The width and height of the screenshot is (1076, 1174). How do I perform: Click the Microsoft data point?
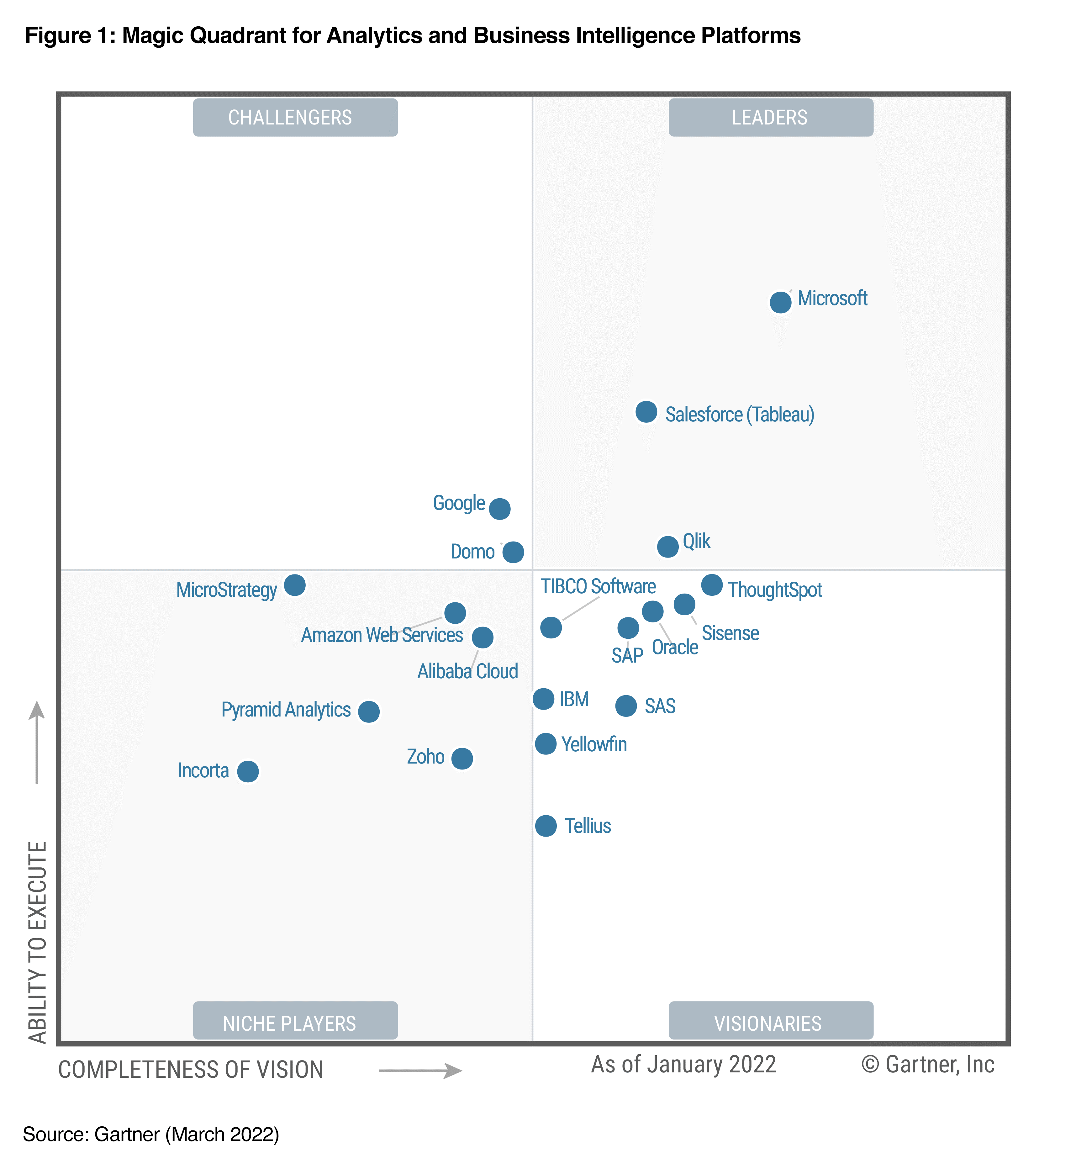[780, 302]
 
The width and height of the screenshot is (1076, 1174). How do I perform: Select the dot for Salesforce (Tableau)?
[646, 412]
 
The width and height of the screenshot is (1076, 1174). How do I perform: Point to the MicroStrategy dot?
[295, 585]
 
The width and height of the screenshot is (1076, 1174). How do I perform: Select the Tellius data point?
[546, 825]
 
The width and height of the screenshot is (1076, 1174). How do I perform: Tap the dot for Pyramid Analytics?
[369, 711]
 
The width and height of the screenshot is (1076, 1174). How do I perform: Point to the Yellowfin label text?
[594, 744]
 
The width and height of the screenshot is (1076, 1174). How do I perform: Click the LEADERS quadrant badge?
[770, 118]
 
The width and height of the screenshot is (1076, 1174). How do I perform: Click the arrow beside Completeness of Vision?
[420, 1070]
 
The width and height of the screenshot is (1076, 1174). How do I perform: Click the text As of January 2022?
[683, 1065]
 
